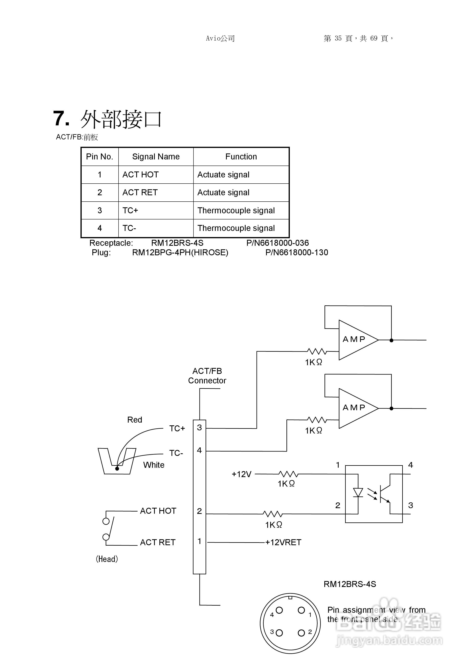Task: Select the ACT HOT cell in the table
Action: coord(141,175)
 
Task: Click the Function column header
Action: coord(241,157)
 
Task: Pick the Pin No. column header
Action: coord(100,157)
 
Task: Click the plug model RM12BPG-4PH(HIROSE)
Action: coord(180,253)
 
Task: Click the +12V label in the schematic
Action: coord(241,474)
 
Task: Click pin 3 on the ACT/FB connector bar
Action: coord(199,427)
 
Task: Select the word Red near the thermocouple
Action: coord(134,420)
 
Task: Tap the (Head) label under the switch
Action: coord(107,559)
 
